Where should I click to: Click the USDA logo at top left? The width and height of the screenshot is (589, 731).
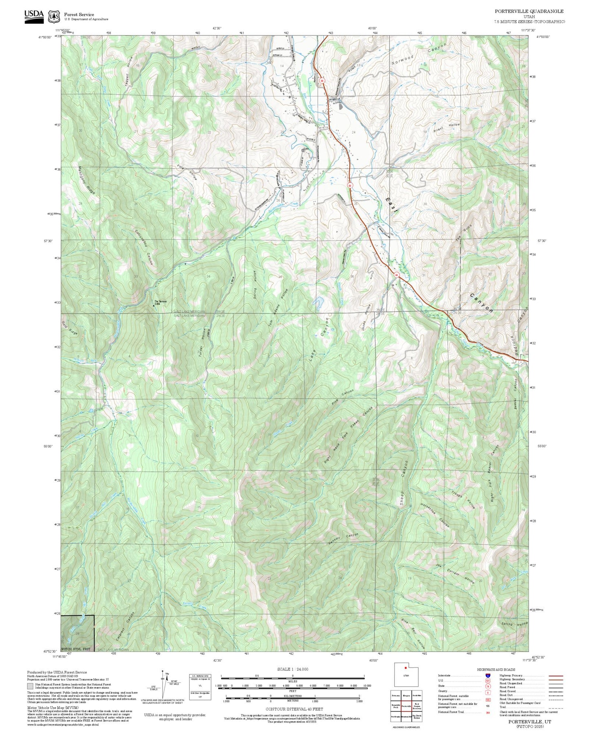click(33, 16)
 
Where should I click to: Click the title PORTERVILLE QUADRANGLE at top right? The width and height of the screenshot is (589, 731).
click(529, 11)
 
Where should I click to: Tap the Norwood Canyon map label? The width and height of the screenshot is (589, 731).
click(419, 54)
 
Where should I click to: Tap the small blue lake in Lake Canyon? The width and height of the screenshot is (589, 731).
click(318, 302)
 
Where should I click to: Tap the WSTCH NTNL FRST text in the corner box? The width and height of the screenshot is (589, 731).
click(75, 648)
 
